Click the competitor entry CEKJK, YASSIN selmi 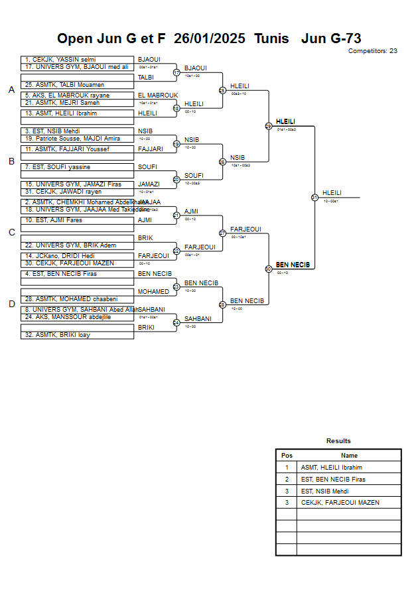(x=60, y=60)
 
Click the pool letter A (x=11, y=90)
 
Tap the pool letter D (x=11, y=304)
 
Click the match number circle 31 (x=314, y=197)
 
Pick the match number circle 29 (x=269, y=125)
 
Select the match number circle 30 (x=269, y=269)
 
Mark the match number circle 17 (x=176, y=72)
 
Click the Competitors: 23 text (x=372, y=51)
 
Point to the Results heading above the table (x=338, y=441)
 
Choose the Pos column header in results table (x=287, y=456)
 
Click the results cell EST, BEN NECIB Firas (x=333, y=480)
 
